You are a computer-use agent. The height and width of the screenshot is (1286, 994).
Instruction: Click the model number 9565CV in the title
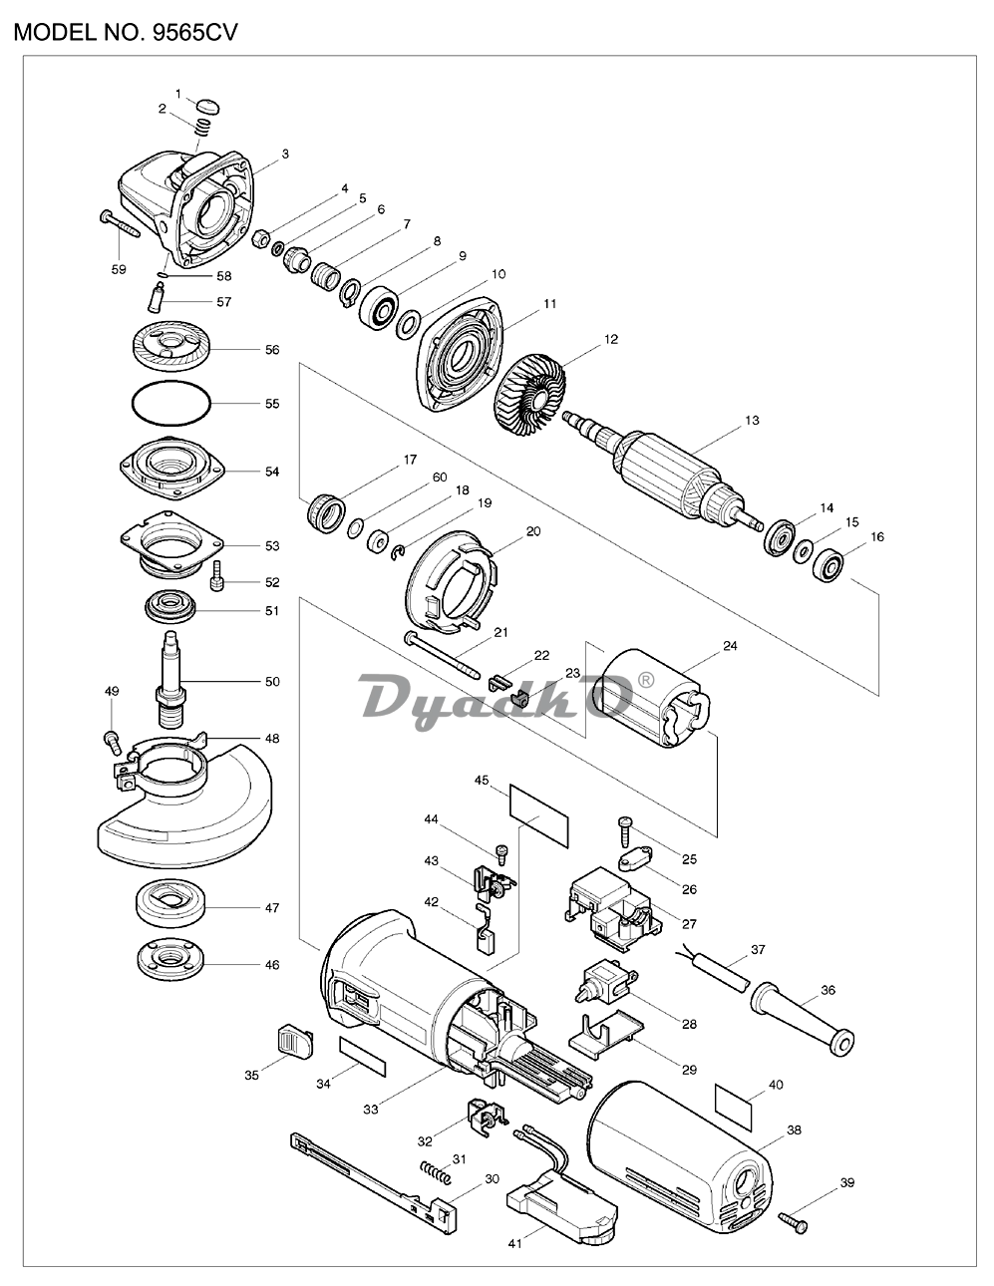pos(194,33)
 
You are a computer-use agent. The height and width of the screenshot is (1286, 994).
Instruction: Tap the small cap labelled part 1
pos(207,107)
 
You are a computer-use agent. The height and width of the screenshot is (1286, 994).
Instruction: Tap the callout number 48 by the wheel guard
pos(271,739)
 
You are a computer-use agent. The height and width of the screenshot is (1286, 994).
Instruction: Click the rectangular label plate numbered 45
pos(538,816)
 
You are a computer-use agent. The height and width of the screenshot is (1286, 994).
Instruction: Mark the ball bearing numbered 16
pos(827,564)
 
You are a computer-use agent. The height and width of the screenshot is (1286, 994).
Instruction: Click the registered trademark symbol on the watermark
pos(646,681)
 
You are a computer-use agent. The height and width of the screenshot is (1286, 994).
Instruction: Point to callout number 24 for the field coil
pos(730,646)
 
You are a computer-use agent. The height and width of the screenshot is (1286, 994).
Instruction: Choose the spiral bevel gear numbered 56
pos(170,349)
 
